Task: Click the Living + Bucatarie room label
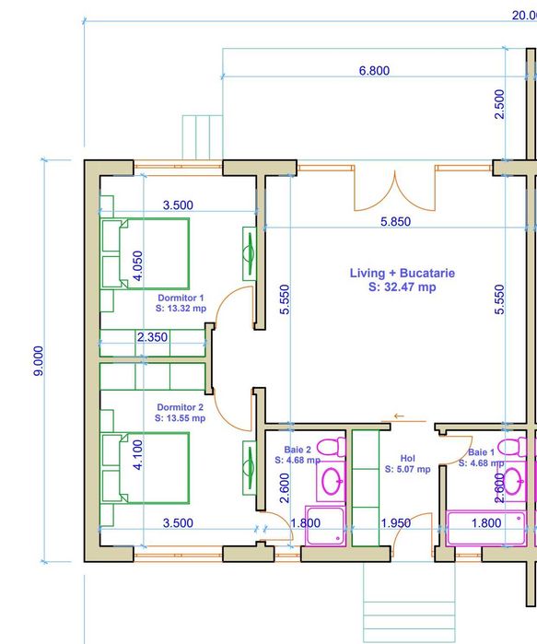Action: (402, 274)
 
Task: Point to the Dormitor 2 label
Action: (180, 407)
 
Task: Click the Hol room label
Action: (408, 458)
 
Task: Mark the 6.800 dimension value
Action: (372, 71)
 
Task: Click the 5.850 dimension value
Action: (395, 222)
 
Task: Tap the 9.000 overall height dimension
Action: (38, 361)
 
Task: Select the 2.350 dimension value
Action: (152, 337)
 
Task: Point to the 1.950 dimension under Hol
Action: (395, 523)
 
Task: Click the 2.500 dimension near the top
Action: (499, 104)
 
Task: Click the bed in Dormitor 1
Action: (145, 254)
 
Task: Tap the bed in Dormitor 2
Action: (145, 468)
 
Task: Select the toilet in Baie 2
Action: (332, 447)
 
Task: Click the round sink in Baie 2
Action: (331, 480)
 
